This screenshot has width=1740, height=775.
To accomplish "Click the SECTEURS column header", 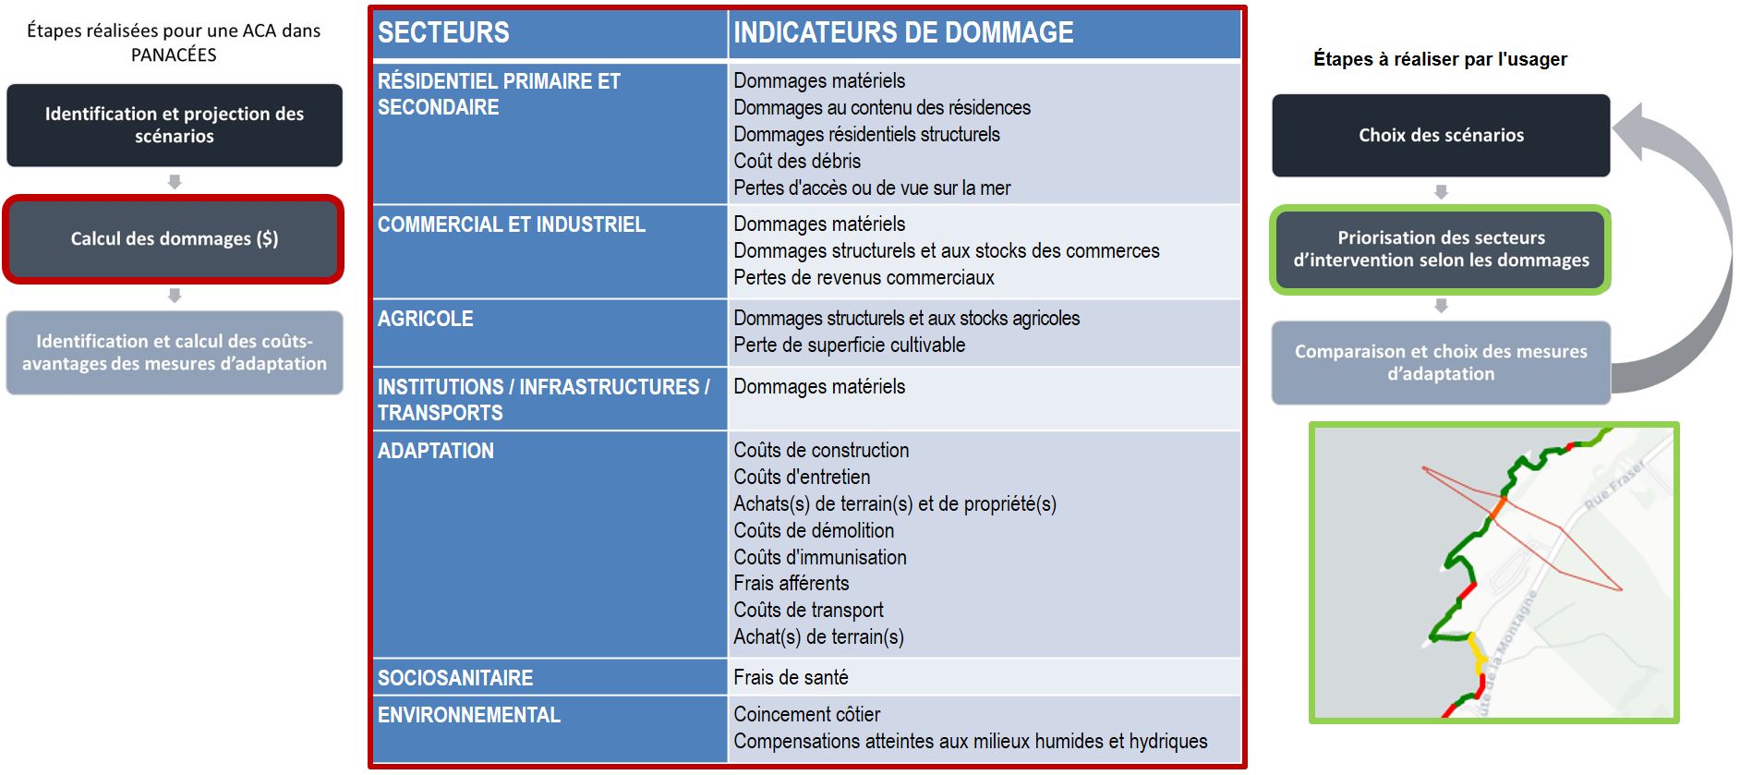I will pyautogui.click(x=443, y=33).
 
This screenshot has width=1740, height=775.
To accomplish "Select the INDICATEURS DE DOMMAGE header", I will pyautogui.click(x=903, y=33).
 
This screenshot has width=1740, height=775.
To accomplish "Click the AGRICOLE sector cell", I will pyautogui.click(x=426, y=320).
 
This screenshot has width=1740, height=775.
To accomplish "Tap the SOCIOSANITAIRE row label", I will pyautogui.click(x=455, y=678).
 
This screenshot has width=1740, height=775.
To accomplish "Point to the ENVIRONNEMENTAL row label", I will pyautogui.click(x=469, y=715).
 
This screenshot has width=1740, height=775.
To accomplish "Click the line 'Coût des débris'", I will pyautogui.click(x=797, y=162).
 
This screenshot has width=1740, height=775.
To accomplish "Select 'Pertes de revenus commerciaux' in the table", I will pyautogui.click(x=864, y=278).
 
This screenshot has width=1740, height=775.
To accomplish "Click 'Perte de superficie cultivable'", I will pyautogui.click(x=849, y=345).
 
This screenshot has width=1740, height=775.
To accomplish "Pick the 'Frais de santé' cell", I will pyautogui.click(x=791, y=678).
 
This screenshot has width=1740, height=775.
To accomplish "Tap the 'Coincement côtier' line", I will pyautogui.click(x=806, y=715).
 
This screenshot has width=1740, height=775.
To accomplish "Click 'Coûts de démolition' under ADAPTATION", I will pyautogui.click(x=814, y=531).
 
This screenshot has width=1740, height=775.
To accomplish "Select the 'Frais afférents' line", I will pyautogui.click(x=791, y=584).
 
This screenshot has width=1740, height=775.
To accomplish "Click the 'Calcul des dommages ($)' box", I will pyautogui.click(x=174, y=239).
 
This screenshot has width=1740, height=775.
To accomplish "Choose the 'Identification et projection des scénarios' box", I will pyautogui.click(x=174, y=126).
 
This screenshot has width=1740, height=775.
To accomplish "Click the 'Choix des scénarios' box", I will pyautogui.click(x=1441, y=136).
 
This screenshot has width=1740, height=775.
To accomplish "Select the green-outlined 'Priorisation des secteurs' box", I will pyautogui.click(x=1441, y=249).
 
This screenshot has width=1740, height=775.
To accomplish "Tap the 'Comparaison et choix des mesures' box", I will pyautogui.click(x=1441, y=363).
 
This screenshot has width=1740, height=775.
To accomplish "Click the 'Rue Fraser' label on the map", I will pyautogui.click(x=1614, y=485).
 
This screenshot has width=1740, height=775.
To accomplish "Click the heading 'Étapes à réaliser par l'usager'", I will pyautogui.click(x=1440, y=60).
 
